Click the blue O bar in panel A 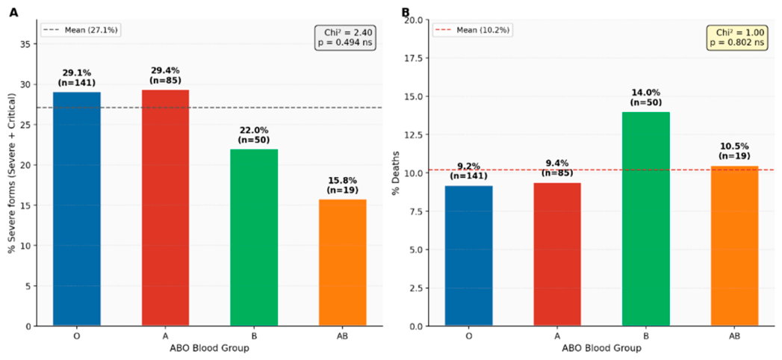tap(77, 209)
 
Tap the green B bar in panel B tap(646, 219)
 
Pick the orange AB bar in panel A tap(343, 263)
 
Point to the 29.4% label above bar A tap(165, 71)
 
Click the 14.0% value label tap(646, 93)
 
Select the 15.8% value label tap(343, 181)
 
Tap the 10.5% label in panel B tap(734, 147)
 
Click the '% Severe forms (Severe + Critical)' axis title tap(12, 173)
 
